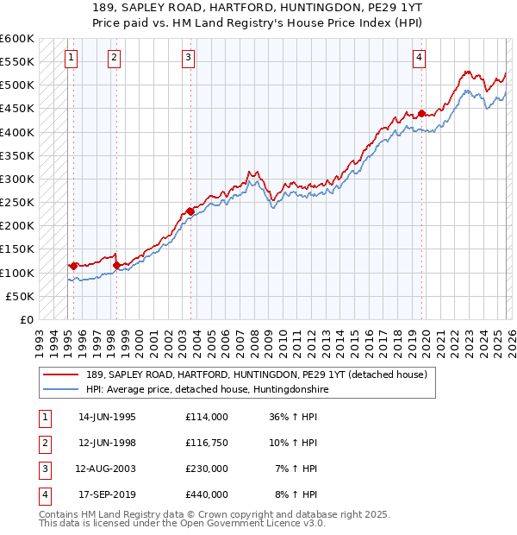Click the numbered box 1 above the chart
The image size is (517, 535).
coord(70,58)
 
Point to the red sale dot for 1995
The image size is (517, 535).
coord(73,266)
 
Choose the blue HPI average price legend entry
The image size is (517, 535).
coord(207,390)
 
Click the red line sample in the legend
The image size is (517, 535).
coord(61,375)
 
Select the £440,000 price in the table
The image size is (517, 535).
coord(206,494)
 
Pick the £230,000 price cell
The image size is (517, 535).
coord(206,469)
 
